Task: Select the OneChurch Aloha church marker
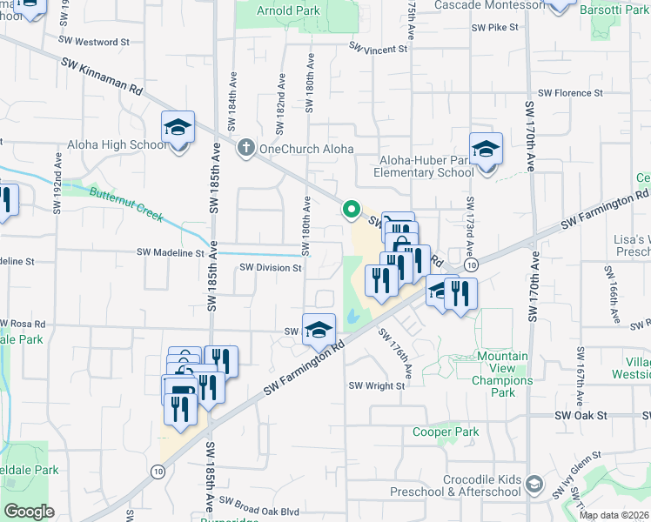247,148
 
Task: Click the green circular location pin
352,209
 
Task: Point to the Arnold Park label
288,11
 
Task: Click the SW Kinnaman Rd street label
102,76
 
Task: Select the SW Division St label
270,268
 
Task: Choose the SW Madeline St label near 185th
170,252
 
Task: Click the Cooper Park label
446,432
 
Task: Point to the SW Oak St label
581,416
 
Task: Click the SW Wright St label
378,385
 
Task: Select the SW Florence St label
570,93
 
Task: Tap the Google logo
29,512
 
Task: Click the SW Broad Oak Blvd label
258,501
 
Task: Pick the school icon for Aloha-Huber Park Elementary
486,149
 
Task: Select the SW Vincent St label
378,50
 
